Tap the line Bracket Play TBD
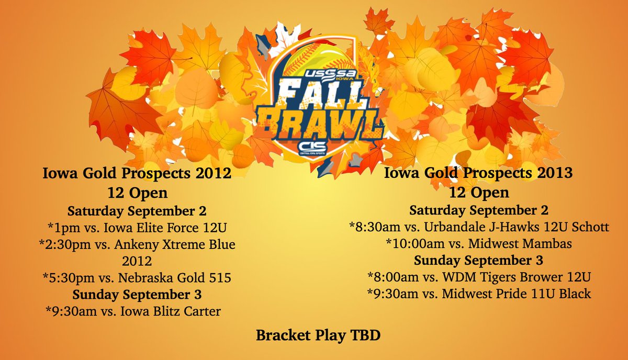tap(318, 335)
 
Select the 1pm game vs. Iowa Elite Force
tap(137, 228)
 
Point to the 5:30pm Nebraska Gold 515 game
tap(137, 278)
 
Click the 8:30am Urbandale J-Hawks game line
tap(478, 228)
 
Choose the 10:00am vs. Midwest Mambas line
tap(478, 244)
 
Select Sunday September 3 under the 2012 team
tap(137, 295)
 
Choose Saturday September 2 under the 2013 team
tap(478, 211)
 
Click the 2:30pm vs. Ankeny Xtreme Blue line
tap(137, 245)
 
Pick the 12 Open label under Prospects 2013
tap(478, 193)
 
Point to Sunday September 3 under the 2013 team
tap(478, 261)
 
